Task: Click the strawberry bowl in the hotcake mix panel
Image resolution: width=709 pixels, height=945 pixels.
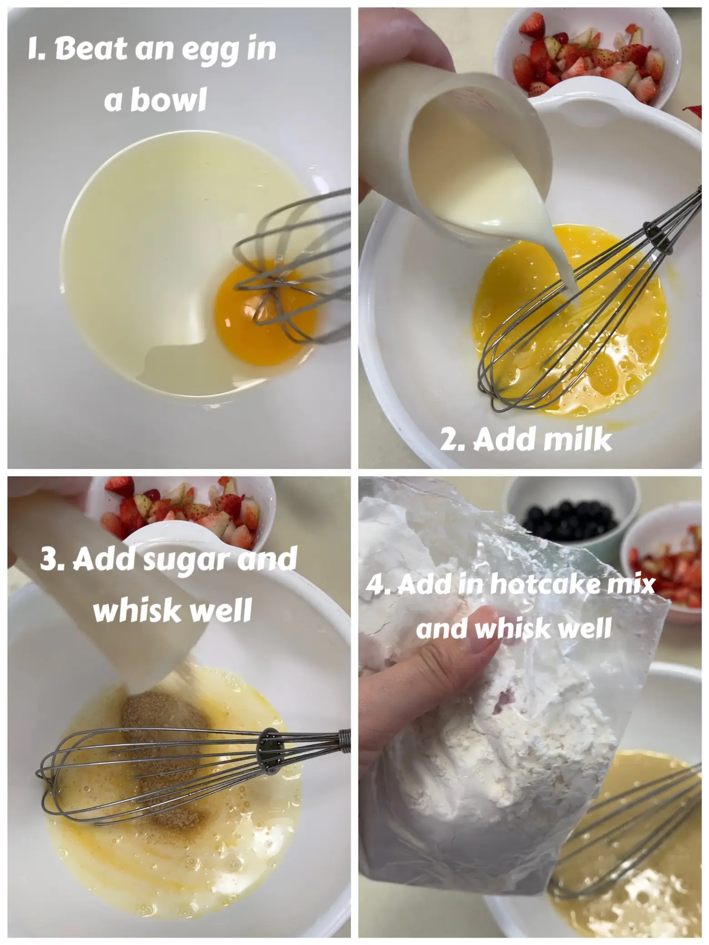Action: [x=666, y=563]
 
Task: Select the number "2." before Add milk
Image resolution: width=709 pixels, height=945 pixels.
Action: [x=453, y=440]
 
